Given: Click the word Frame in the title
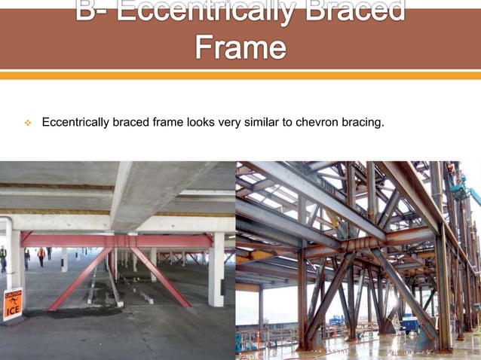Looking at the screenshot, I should [240, 47].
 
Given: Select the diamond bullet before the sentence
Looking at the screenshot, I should [26, 122].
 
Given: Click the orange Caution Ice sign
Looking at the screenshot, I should [12, 303].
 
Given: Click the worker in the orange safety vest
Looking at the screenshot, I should [41, 256].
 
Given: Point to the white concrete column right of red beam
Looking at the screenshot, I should [218, 268].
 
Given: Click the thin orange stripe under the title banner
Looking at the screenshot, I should [240, 75].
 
